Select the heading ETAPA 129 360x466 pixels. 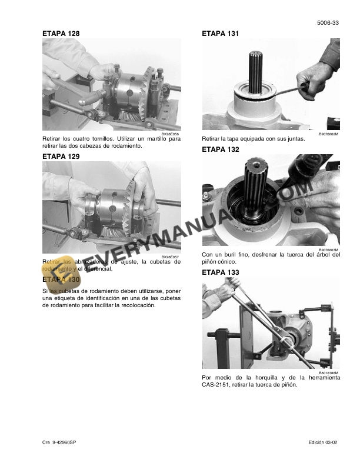click(x=61, y=157)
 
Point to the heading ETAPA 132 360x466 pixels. click(x=221, y=149)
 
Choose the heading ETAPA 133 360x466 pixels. click(x=221, y=272)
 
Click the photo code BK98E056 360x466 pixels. click(x=171, y=134)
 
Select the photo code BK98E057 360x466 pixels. click(x=171, y=257)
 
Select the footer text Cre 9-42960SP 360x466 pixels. click(x=59, y=442)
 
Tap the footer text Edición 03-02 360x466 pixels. click(x=324, y=442)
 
